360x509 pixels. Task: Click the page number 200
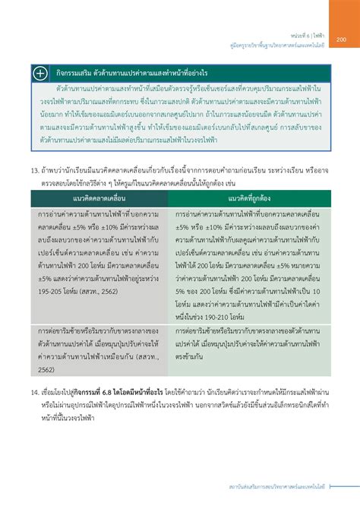342,40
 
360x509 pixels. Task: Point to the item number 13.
34,171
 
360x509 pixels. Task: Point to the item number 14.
34,394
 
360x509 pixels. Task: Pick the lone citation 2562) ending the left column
46,370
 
